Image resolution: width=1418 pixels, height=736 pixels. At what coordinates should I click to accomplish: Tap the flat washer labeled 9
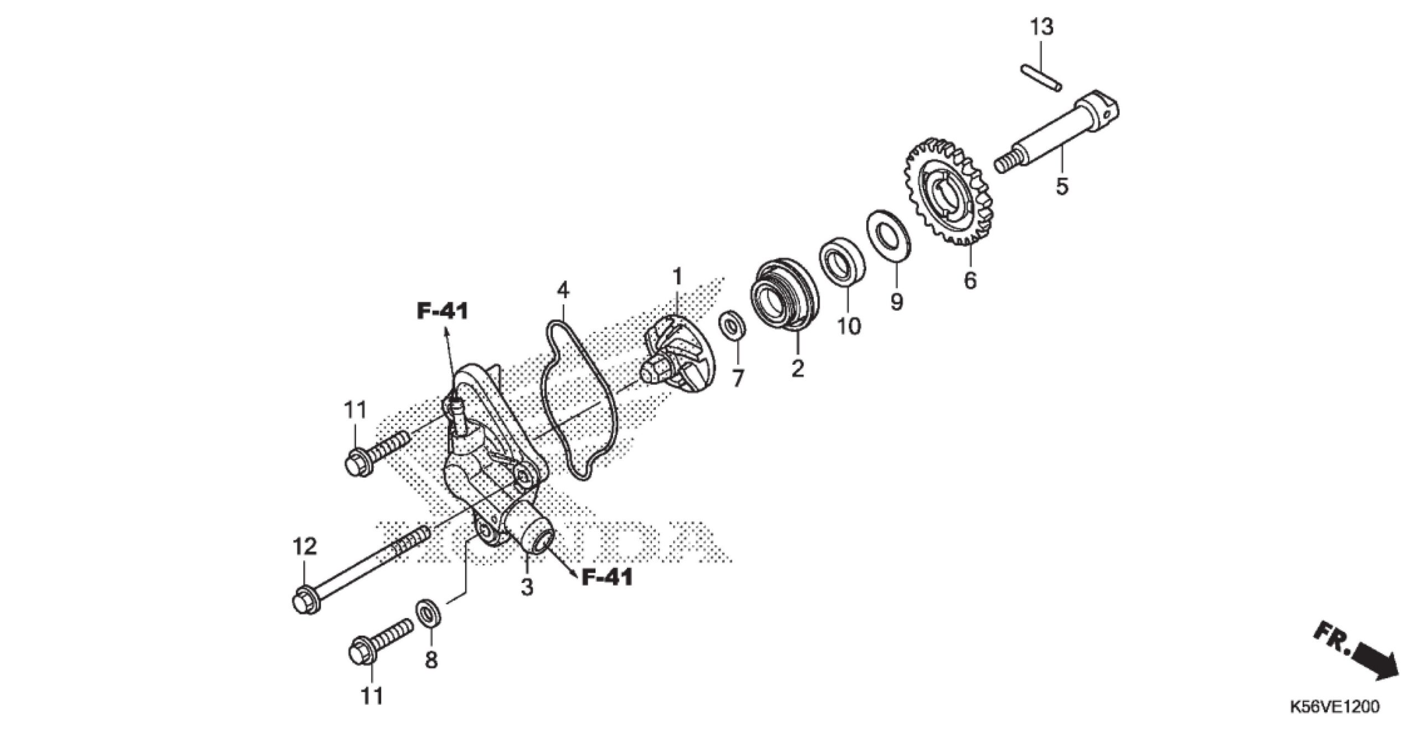coord(889,233)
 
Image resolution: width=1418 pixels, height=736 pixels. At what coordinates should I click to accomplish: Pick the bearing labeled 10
coord(842,263)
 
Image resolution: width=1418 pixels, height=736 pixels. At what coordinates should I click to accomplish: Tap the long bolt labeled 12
coord(361,570)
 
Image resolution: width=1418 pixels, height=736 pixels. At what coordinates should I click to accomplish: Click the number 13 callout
coord(1041,27)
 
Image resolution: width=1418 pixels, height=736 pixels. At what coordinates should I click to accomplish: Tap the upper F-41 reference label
coord(443,311)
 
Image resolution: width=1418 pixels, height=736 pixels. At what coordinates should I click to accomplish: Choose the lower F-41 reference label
coord(607,578)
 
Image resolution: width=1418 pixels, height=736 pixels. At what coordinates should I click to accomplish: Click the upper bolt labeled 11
coord(377,453)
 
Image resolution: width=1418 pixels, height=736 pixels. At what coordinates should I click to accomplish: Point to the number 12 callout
coord(304,546)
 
